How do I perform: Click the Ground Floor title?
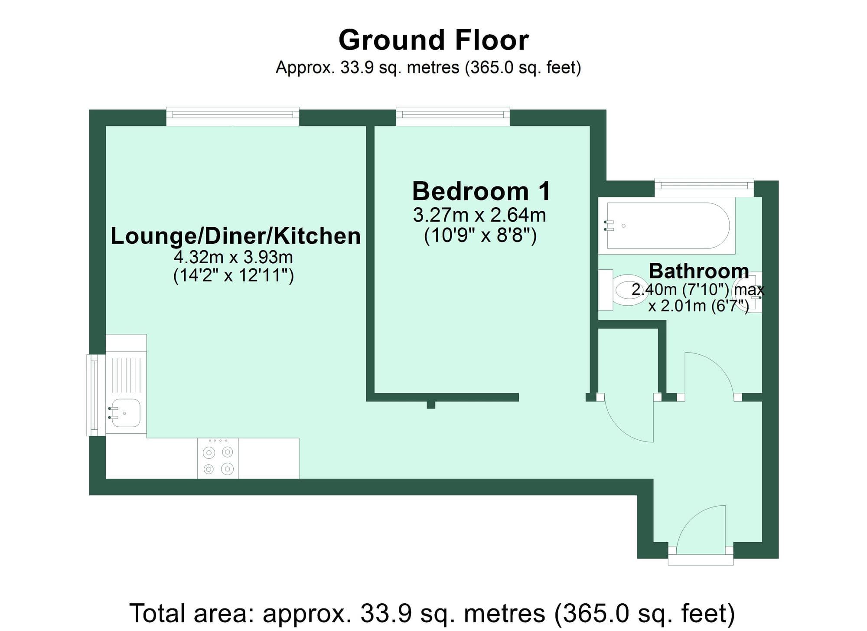click(x=433, y=40)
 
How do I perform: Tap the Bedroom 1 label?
click(x=481, y=191)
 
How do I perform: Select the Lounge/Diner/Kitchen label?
click(x=235, y=236)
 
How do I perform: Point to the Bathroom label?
click(x=698, y=271)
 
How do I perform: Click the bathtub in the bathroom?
click(x=668, y=226)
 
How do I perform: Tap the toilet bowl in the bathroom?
click(x=629, y=290)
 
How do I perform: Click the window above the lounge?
click(x=232, y=115)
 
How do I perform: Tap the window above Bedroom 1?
click(x=453, y=115)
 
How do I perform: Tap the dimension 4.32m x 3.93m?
click(x=233, y=258)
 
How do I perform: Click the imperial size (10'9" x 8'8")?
click(x=480, y=236)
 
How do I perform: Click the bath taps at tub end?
click(x=610, y=225)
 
